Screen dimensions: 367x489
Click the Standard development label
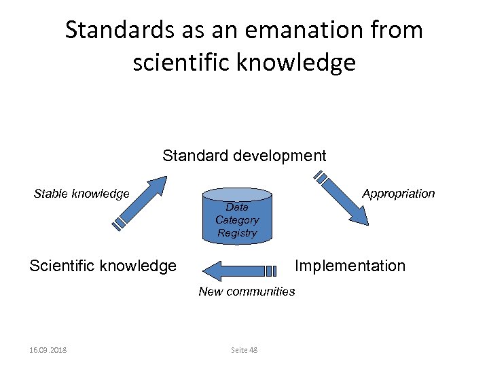(x=244, y=156)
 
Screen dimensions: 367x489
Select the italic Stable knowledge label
(x=81, y=194)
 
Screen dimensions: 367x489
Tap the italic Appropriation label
(x=398, y=194)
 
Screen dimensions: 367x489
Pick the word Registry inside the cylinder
(x=237, y=233)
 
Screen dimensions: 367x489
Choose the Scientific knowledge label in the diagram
(x=103, y=266)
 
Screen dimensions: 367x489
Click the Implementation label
(x=350, y=266)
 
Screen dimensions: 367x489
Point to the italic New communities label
(x=247, y=292)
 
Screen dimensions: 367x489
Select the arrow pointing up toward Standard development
(x=139, y=202)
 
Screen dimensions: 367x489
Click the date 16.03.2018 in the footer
(x=53, y=350)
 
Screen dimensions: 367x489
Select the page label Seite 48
(x=244, y=350)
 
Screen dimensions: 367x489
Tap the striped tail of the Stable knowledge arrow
(x=120, y=222)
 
